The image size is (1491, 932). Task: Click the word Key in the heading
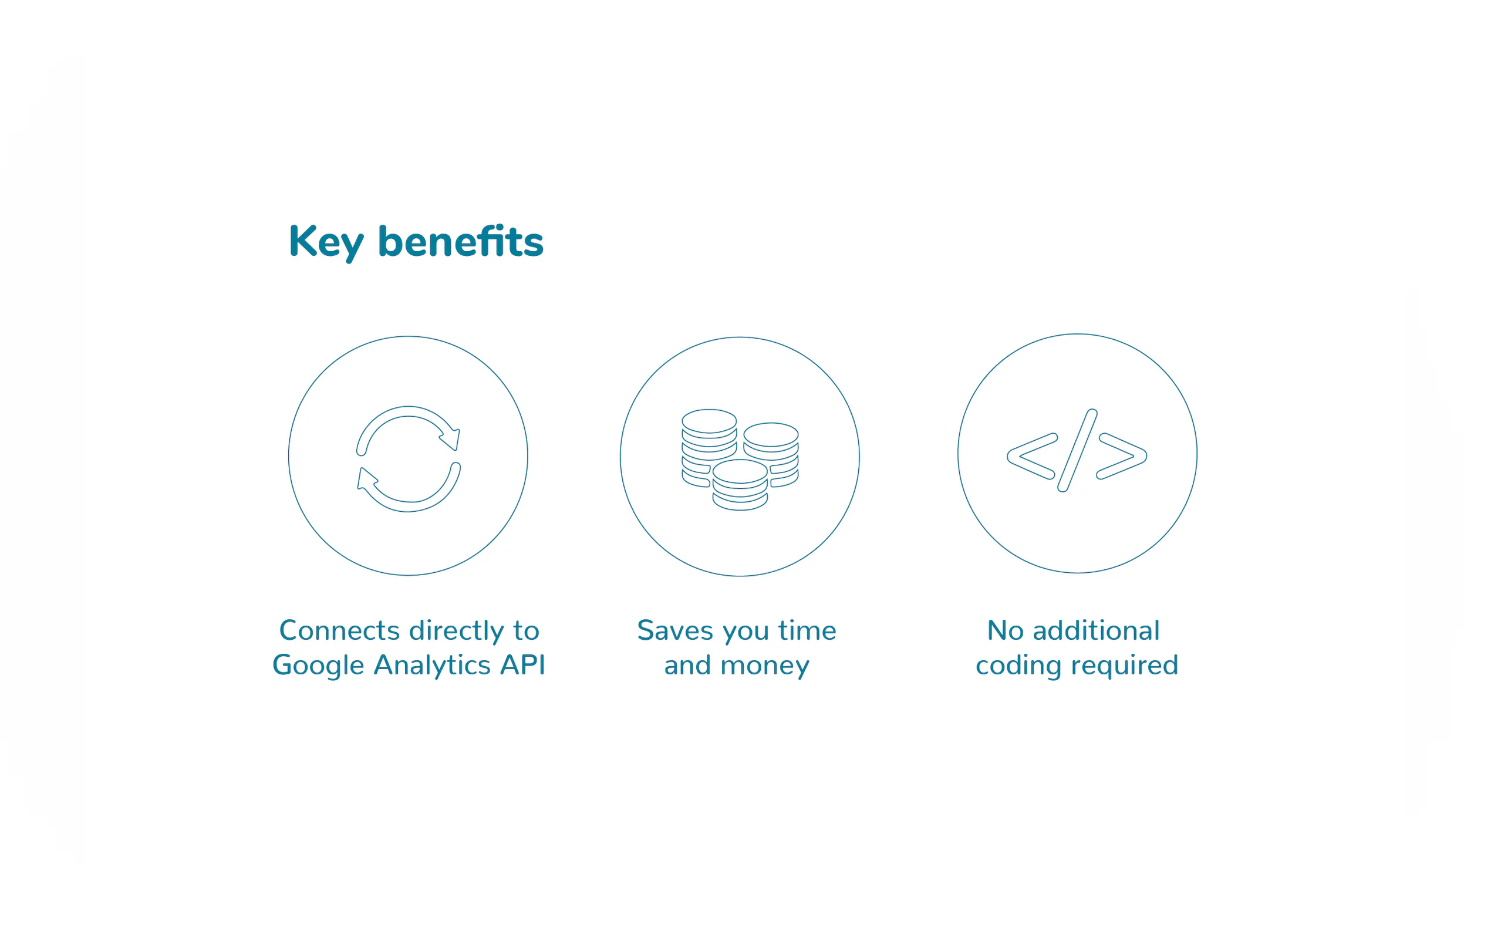pos(326,243)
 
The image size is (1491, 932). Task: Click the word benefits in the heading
pos(460,241)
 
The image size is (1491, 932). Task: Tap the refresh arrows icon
pos(408,458)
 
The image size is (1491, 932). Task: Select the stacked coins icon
pos(740,460)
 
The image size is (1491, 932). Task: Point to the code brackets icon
pos(1077,450)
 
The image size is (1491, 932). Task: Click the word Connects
pos(340,630)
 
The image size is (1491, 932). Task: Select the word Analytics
pos(432,665)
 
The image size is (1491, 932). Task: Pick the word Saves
pos(675,630)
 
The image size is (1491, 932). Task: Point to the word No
pos(1006,630)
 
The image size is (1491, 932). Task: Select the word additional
pos(1096,630)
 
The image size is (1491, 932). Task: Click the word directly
pos(457,631)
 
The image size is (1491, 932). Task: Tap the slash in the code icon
pos(1077,450)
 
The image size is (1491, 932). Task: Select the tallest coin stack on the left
pos(709,448)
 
